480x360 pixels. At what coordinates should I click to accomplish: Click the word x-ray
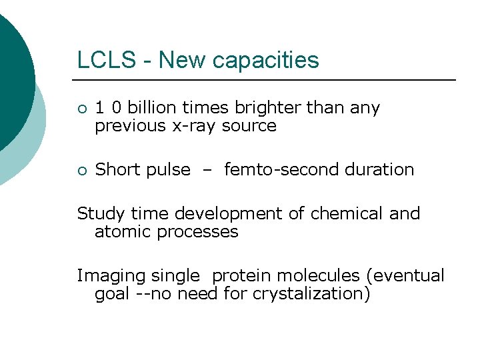(193, 126)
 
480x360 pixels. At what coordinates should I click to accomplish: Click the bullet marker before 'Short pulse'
(81, 171)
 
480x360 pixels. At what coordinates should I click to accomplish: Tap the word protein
(241, 276)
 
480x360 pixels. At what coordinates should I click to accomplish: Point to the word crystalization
(311, 294)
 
